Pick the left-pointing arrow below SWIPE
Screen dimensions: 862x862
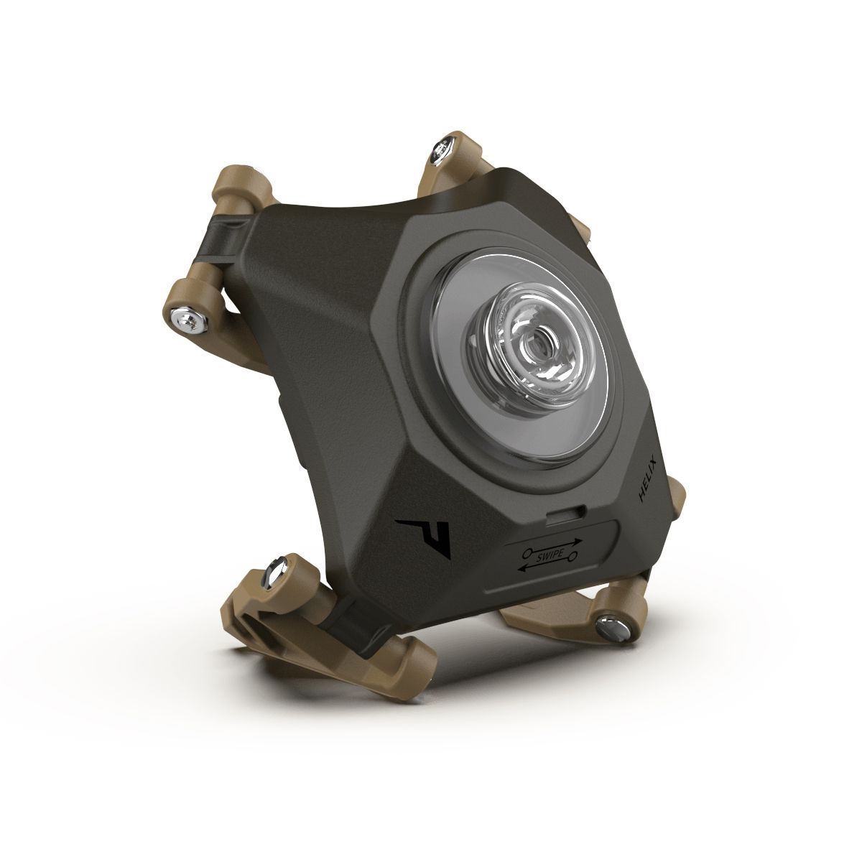[546, 567]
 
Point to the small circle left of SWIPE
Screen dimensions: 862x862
[527, 552]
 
